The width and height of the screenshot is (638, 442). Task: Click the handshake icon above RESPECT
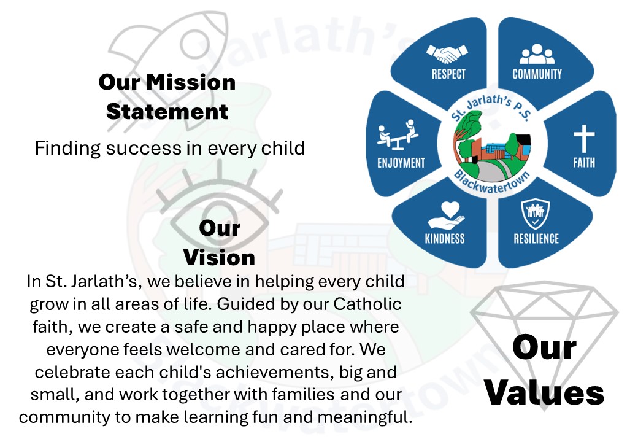(447, 54)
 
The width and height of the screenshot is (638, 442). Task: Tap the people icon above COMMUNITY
(537, 54)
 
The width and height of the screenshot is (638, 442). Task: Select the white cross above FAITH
(584, 139)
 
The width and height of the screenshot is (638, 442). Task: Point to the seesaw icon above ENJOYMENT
(398, 134)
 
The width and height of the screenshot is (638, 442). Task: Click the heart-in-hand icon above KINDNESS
(446, 215)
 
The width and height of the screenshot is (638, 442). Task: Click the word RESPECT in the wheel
(448, 74)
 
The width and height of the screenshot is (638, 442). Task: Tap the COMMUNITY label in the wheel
(537, 74)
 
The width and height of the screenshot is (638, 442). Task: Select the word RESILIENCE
(536, 239)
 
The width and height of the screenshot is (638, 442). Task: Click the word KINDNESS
(445, 239)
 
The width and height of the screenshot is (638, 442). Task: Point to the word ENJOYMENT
(401, 163)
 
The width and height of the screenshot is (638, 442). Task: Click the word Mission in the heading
(191, 82)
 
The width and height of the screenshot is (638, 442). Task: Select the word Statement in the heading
(167, 112)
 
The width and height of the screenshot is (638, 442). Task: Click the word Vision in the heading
(220, 258)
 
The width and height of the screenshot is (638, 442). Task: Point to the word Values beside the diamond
(544, 393)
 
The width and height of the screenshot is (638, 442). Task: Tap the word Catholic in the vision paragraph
(367, 304)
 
